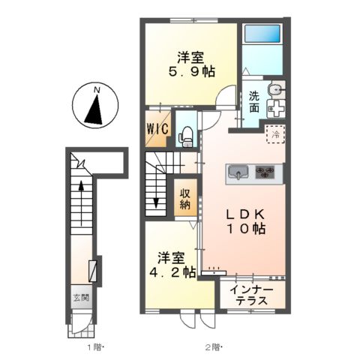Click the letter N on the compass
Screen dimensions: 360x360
coord(97,90)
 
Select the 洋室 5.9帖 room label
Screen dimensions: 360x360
coord(191,64)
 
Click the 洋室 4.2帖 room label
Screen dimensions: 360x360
coord(172,265)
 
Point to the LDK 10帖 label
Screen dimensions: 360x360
coord(245,221)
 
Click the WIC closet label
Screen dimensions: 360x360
coord(157,129)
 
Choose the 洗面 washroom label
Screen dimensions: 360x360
coord(253,102)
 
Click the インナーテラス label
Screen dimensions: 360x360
coord(251,295)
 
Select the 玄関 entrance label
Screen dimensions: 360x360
coord(81,298)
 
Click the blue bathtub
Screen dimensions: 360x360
coord(262,34)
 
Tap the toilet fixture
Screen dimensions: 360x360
coord(185,137)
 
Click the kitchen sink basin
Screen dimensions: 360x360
coord(238,171)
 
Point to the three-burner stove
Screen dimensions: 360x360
coord(265,172)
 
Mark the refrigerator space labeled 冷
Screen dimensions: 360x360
coord(275,134)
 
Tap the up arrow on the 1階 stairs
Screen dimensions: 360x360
coord(81,203)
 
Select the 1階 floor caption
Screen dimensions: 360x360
coord(94,347)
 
